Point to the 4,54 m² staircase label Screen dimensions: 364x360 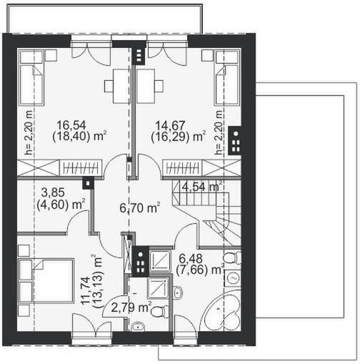[x=203, y=187]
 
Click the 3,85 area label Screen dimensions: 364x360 [x=50, y=193]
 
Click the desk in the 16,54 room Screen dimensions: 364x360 [x=116, y=86]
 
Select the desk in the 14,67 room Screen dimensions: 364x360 [x=151, y=86]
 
